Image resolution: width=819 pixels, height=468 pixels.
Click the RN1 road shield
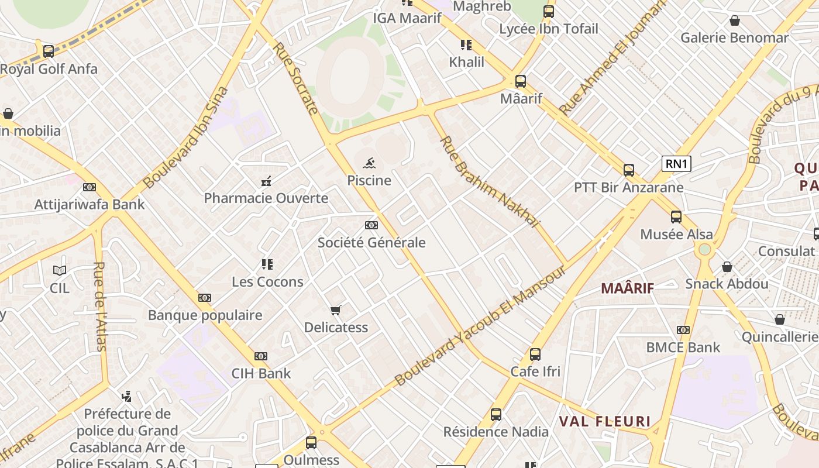pos(676,164)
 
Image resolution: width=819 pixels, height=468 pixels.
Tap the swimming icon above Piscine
pos(369,163)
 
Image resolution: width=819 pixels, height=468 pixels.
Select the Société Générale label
pos(371,242)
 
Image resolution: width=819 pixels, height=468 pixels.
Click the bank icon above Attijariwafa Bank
pos(90,187)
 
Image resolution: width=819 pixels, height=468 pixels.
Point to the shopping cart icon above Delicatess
pos(335,310)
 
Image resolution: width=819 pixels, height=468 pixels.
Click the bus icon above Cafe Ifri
pos(535,354)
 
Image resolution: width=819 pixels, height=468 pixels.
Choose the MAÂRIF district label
pos(628,288)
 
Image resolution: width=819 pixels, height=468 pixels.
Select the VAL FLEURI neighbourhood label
pos(605,421)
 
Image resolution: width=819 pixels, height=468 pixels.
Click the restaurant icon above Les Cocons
pos(267,264)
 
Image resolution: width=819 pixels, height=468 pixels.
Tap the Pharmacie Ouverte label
pos(266,198)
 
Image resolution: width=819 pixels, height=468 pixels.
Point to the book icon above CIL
pos(60,270)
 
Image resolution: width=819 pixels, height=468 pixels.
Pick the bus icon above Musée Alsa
pos(676,216)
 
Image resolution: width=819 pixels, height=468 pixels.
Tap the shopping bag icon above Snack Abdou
pos(727,267)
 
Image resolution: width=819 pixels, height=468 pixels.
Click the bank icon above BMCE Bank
pos(683,330)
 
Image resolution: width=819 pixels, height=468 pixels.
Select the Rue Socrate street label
pos(295,78)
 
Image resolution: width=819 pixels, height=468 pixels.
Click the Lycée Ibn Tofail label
pos(549,29)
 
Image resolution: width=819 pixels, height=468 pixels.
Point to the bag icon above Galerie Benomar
pos(735,21)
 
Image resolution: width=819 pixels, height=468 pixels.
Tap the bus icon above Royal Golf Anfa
pos(49,51)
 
